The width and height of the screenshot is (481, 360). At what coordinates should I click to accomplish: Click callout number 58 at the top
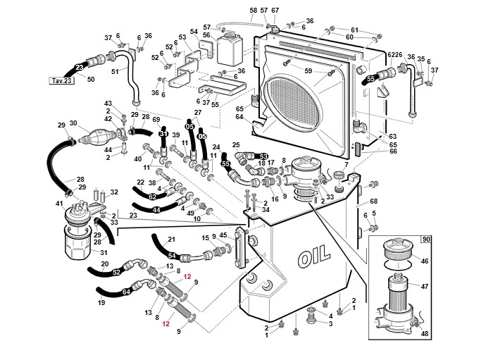254,10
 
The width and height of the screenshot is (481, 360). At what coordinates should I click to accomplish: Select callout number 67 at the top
275,10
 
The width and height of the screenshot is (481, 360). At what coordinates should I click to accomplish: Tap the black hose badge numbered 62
152,197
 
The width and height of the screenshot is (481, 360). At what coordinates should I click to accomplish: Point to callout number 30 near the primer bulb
73,123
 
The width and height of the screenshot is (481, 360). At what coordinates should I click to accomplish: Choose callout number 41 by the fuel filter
59,204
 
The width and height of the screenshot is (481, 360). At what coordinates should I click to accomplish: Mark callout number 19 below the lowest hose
101,302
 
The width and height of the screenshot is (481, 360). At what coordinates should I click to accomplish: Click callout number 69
156,119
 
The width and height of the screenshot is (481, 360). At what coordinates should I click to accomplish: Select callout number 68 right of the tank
374,201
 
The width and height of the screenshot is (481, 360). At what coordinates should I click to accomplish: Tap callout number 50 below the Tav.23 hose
90,79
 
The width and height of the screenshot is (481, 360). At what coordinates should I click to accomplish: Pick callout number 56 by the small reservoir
206,35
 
